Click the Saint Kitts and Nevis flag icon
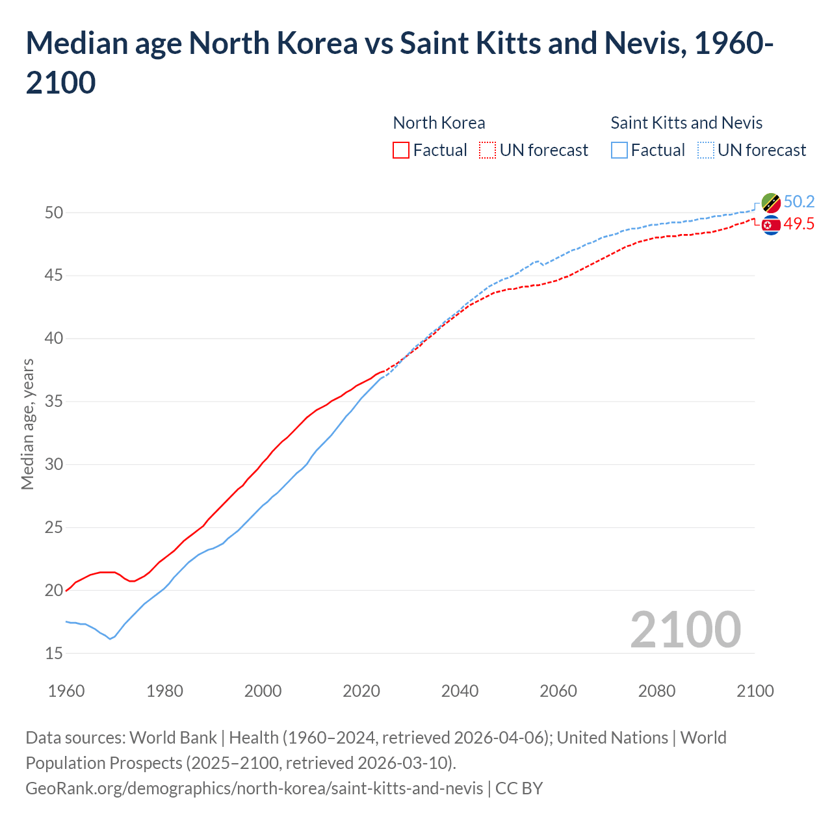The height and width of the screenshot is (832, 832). [770, 203]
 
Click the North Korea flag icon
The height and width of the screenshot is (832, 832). [770, 226]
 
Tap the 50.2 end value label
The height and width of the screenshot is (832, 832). [799, 201]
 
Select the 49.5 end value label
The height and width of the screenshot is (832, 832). [799, 224]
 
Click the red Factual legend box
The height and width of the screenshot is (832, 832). [401, 150]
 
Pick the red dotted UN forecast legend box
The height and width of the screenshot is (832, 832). [487, 150]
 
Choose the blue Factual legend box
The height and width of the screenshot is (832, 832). [619, 150]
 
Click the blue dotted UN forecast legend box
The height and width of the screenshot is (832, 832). [706, 150]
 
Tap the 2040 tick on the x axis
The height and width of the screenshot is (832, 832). [460, 691]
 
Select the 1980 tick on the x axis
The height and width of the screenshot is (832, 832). [164, 691]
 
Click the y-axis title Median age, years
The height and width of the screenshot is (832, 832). [27, 424]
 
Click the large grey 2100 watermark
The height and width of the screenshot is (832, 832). [685, 630]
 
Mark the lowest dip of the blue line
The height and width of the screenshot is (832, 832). [110, 639]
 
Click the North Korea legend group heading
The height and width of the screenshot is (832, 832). [439, 123]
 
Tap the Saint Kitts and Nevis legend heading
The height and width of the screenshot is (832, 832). [686, 123]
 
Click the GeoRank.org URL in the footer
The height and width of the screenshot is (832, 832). [254, 788]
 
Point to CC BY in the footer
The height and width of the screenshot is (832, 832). [519, 788]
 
